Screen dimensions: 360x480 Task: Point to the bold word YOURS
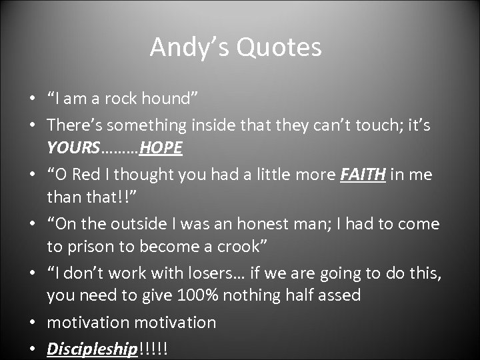[73, 148]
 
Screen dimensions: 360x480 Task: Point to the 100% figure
[199, 295]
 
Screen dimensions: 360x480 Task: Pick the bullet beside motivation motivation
[32, 323]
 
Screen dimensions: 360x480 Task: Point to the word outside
[129, 224]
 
